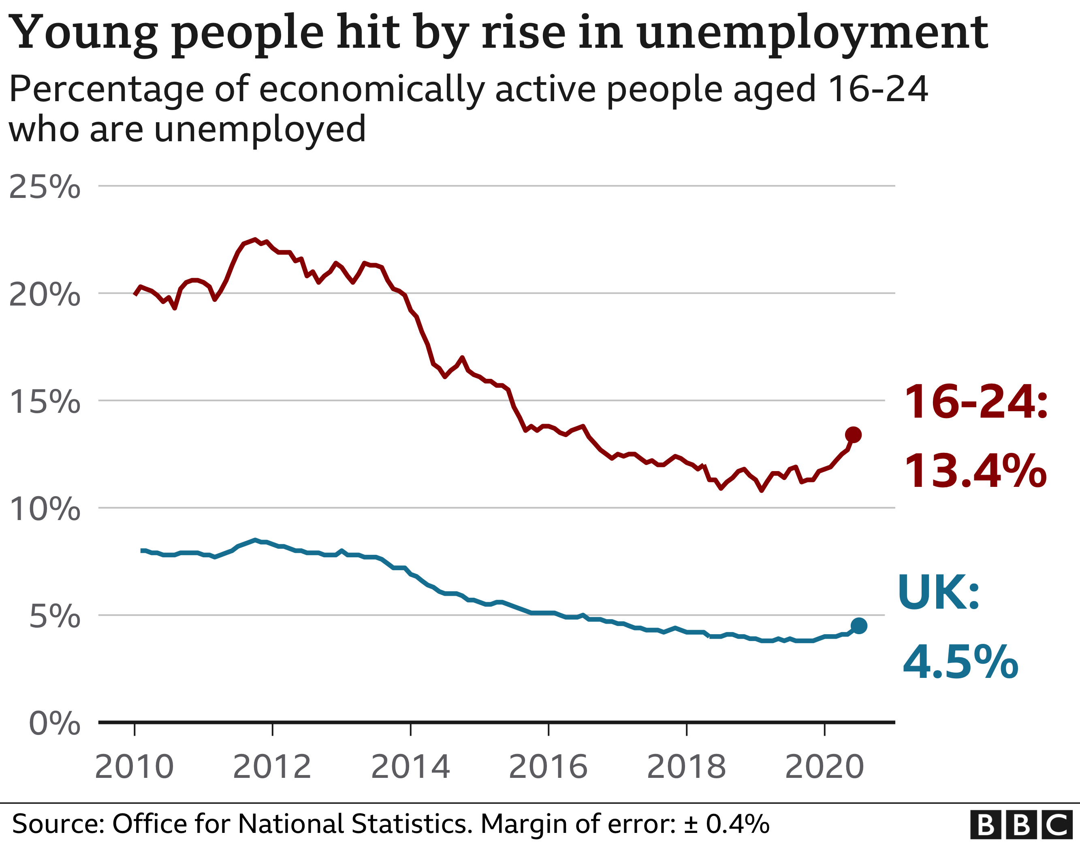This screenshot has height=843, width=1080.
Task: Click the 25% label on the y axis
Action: [45, 187]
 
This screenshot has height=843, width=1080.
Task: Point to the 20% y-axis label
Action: [45, 295]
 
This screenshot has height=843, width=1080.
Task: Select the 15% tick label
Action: [45, 402]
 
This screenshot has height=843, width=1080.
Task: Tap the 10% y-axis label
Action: [45, 509]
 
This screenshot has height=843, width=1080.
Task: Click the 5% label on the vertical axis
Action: [54, 617]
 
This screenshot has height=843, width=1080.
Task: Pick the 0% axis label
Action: [54, 724]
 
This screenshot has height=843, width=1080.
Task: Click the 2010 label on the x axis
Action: [134, 767]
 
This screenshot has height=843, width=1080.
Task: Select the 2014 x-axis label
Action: [410, 767]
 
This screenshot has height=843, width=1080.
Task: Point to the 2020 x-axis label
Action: [824, 767]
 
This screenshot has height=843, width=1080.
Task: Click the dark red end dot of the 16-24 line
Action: [854, 435]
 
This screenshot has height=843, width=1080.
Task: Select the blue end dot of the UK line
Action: [859, 626]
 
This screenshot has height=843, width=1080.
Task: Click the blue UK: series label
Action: [938, 593]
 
